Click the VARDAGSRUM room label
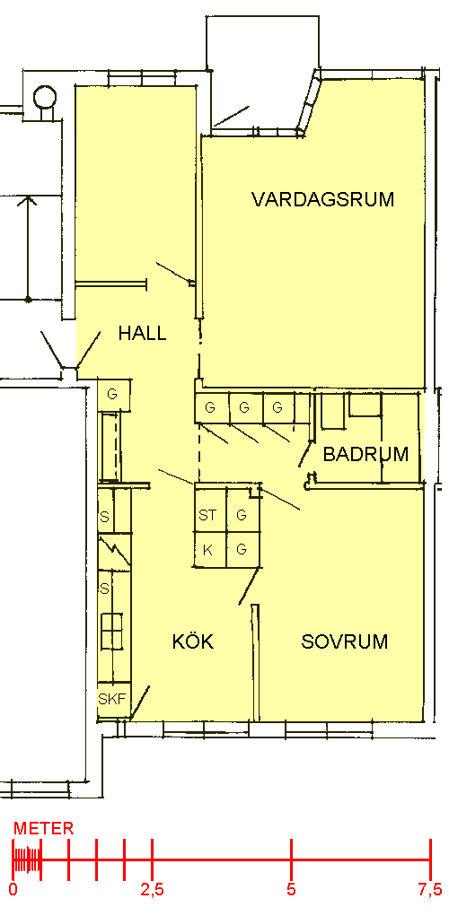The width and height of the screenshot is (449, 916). click(x=322, y=199)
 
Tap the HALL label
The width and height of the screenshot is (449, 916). click(x=142, y=334)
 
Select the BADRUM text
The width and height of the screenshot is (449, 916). click(x=365, y=454)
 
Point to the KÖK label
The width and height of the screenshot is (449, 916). click(x=193, y=641)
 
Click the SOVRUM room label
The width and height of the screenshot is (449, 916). click(x=344, y=641)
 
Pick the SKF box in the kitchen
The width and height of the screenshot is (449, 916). click(x=113, y=699)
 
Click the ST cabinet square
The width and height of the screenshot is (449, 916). click(x=210, y=515)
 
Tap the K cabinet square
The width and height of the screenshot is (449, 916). click(x=210, y=549)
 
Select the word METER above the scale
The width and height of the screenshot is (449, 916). click(x=44, y=828)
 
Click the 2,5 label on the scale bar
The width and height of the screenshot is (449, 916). click(x=152, y=890)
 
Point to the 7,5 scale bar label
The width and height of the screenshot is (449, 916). click(x=430, y=890)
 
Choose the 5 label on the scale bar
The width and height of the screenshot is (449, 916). click(x=291, y=890)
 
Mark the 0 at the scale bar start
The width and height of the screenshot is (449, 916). click(x=13, y=890)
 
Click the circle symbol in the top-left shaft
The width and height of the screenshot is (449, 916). click(x=44, y=97)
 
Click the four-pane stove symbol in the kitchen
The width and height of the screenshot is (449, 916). click(x=112, y=631)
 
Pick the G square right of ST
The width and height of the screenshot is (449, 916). click(x=242, y=515)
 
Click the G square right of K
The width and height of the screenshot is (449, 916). click(x=242, y=549)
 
